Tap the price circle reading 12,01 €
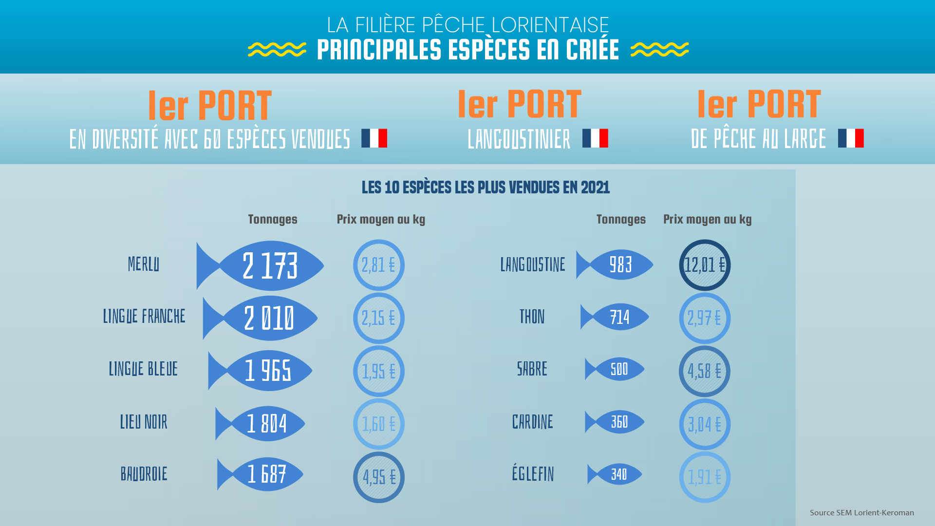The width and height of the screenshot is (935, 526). (x=705, y=265)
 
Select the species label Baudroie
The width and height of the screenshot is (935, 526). (x=144, y=474)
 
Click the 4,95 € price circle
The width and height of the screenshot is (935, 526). (x=379, y=477)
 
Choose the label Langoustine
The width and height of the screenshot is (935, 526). (x=533, y=265)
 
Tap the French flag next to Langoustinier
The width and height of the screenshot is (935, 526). (x=595, y=138)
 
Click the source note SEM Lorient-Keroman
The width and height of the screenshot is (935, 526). (x=861, y=512)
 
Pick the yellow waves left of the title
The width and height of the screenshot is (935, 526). (x=277, y=49)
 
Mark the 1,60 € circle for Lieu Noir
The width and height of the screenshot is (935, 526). (x=379, y=424)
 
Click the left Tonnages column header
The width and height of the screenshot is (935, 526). (x=273, y=219)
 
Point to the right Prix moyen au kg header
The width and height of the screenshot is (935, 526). (x=707, y=219)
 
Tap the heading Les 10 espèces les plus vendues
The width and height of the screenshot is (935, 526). (x=486, y=188)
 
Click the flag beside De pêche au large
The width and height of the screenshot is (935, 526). (x=851, y=138)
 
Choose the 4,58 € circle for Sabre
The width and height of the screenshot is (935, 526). (x=705, y=371)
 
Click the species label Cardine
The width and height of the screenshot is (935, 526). (x=532, y=422)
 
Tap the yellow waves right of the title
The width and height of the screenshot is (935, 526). (x=659, y=49)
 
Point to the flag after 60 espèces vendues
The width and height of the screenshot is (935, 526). (x=374, y=138)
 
